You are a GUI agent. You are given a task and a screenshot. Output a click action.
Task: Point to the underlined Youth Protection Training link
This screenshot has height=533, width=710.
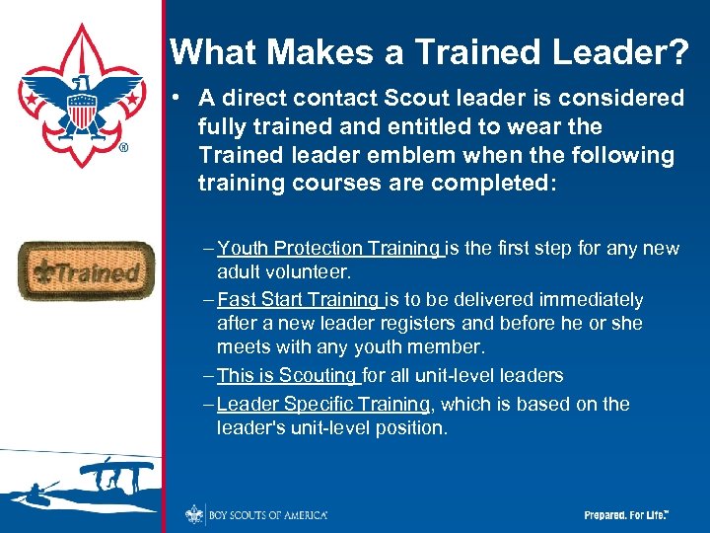point(328,249)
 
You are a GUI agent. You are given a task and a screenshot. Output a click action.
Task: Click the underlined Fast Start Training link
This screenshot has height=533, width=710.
point(299,299)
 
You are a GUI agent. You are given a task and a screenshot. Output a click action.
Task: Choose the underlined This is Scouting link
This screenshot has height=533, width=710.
point(287,375)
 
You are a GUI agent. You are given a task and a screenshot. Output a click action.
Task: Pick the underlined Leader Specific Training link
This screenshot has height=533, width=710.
point(322,404)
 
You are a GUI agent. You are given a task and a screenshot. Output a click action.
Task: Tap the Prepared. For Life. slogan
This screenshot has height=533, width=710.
point(626,515)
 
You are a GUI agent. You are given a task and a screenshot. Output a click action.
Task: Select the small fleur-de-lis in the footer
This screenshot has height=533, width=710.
point(192,514)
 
